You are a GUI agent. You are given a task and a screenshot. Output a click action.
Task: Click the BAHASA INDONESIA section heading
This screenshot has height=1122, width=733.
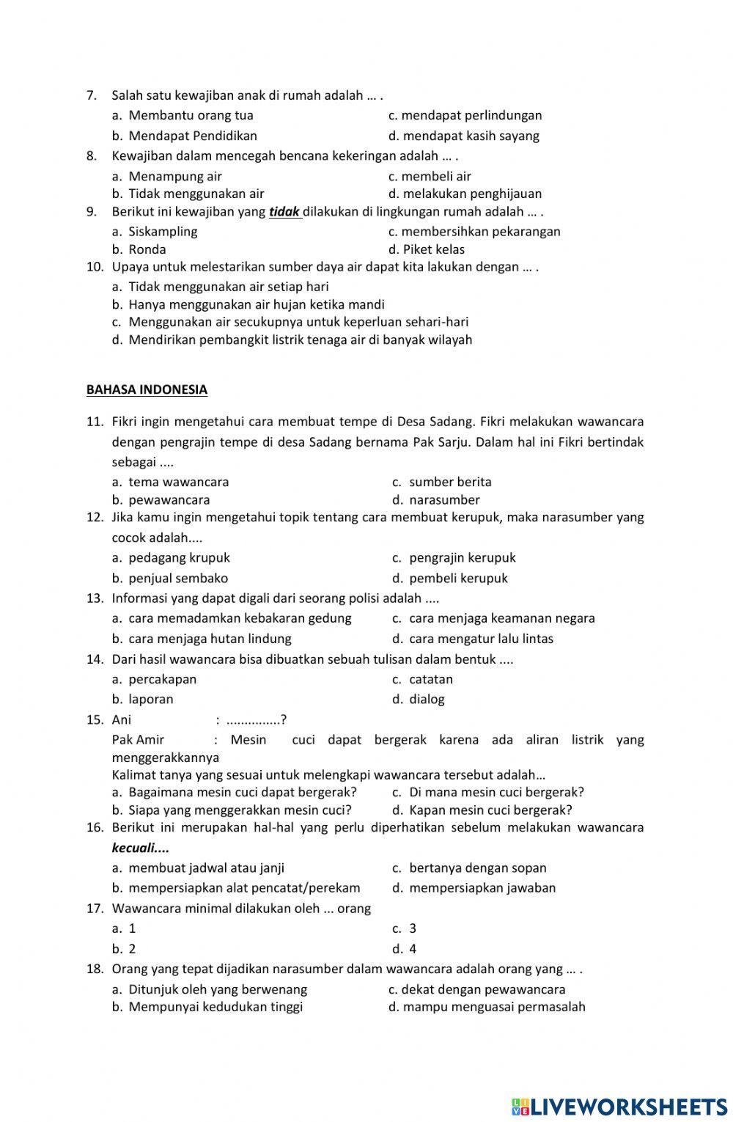click(x=147, y=390)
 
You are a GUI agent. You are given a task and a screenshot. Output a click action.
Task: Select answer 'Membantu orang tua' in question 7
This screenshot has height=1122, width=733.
click(x=191, y=115)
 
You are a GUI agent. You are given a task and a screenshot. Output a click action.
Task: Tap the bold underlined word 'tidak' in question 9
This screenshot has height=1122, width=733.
click(x=284, y=212)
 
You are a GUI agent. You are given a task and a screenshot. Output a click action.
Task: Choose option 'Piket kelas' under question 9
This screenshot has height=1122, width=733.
click(x=433, y=249)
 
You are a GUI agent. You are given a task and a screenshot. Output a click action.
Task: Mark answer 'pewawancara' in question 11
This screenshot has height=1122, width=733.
click(x=169, y=500)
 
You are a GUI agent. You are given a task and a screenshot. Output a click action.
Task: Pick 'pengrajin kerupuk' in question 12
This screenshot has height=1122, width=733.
click(x=462, y=557)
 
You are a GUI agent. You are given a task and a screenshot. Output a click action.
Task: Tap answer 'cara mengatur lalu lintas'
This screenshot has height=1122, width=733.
click(x=481, y=639)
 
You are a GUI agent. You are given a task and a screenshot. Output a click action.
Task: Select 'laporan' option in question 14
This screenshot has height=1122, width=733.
click(x=151, y=700)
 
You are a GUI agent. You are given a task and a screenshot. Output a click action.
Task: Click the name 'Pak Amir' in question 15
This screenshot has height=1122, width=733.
click(x=139, y=740)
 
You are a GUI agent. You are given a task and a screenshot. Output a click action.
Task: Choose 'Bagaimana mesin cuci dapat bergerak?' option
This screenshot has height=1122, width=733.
click(x=242, y=792)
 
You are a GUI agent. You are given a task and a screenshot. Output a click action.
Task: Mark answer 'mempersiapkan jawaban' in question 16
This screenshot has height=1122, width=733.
click(x=482, y=888)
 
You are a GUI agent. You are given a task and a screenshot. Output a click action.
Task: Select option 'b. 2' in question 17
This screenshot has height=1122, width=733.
click(x=125, y=949)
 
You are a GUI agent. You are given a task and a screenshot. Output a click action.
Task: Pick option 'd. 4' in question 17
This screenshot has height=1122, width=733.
click(x=405, y=949)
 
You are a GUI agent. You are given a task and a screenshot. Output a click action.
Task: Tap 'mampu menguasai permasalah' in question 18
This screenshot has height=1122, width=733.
click(x=493, y=1007)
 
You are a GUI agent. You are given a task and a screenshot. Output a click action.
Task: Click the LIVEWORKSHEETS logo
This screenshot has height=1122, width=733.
click(x=619, y=1107)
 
